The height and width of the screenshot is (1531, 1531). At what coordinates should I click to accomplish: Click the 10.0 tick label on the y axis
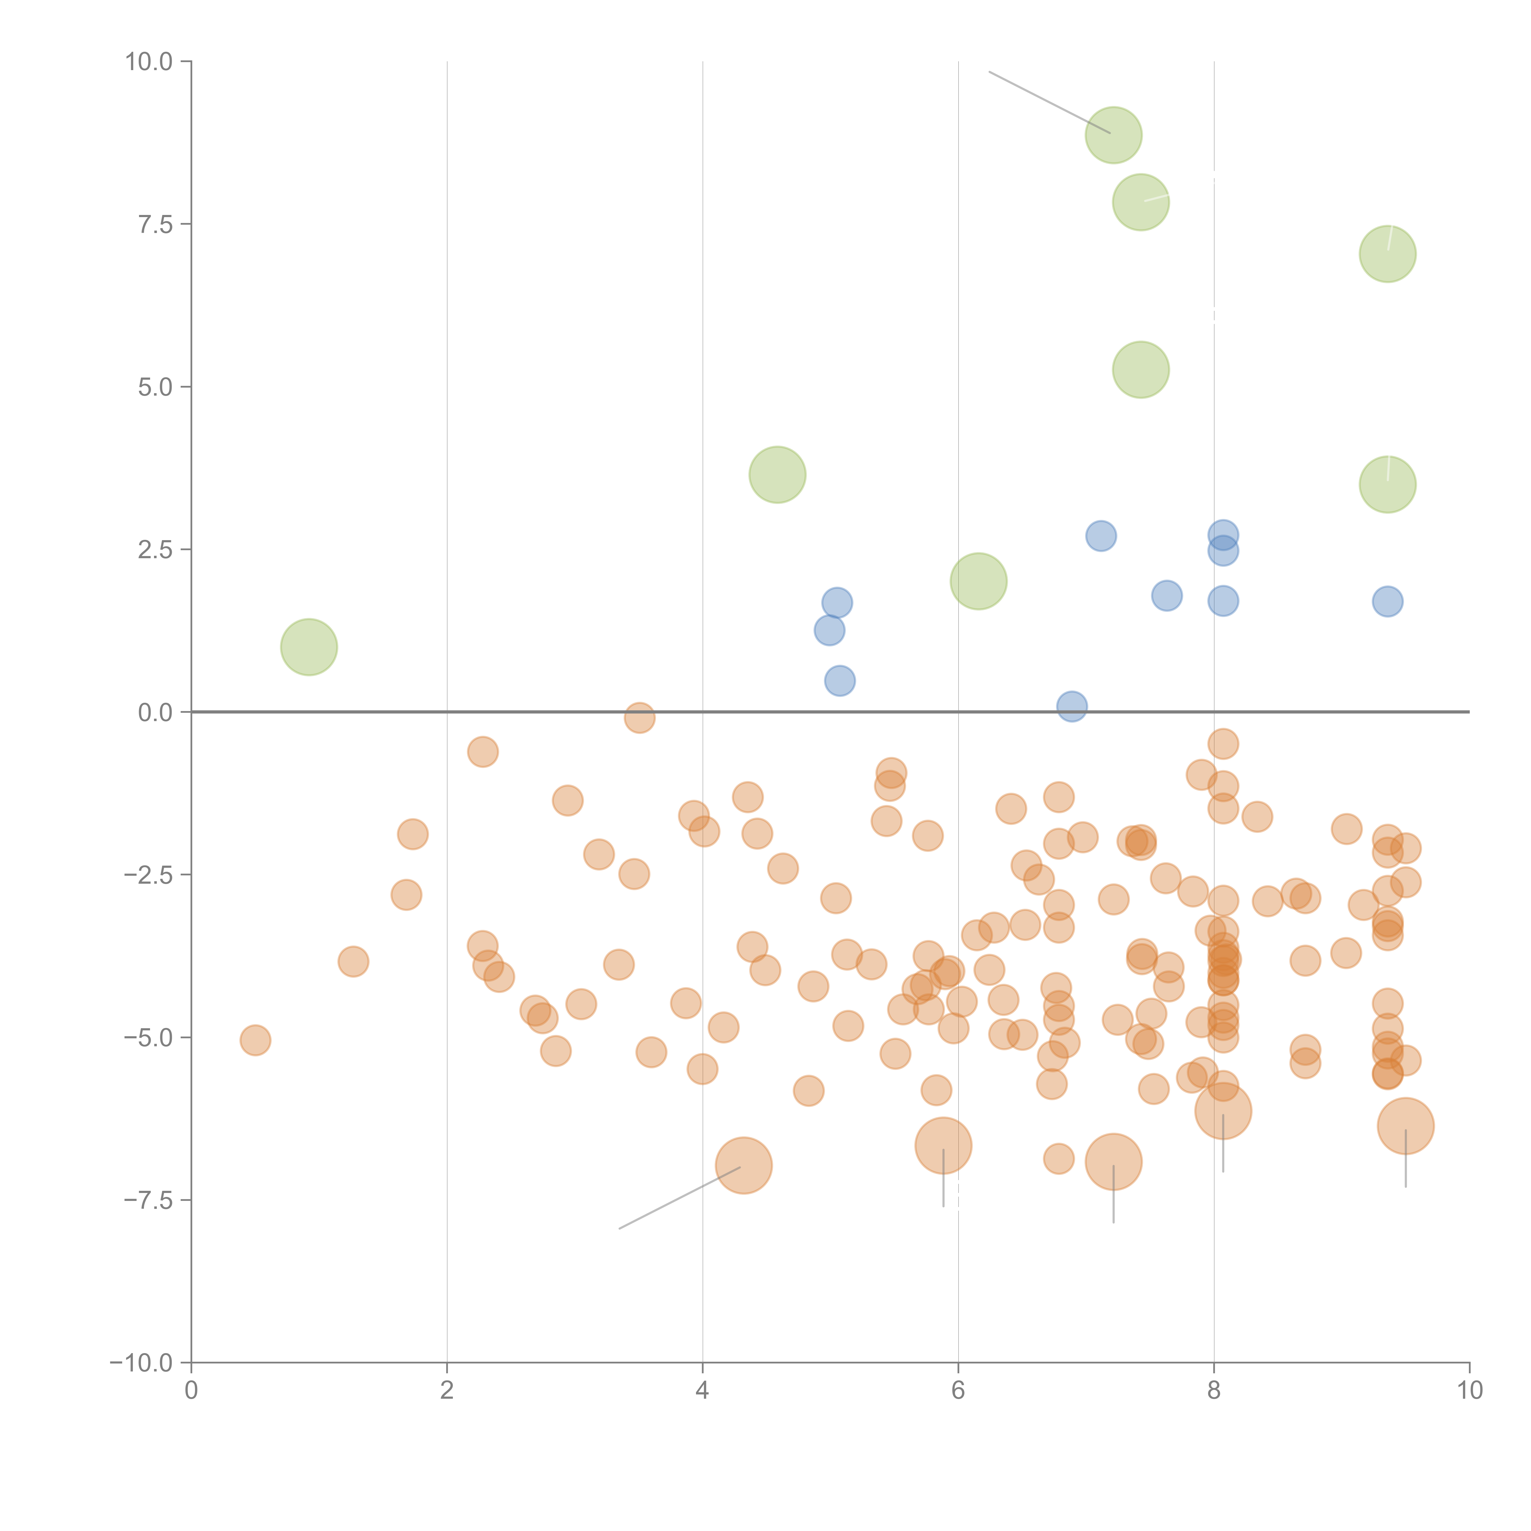point(149,62)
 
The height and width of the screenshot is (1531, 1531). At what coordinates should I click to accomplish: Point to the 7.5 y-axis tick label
point(155,224)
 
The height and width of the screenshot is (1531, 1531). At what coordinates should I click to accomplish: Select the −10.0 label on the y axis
point(141,1363)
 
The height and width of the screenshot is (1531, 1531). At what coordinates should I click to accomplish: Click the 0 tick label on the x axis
point(191,1391)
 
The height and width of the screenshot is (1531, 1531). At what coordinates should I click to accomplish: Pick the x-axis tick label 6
point(958,1391)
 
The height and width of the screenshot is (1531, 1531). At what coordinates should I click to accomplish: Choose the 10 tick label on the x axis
point(1469,1391)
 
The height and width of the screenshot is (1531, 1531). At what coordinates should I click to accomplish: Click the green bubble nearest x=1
point(309,647)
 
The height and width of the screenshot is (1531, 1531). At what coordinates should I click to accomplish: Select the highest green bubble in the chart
point(1113,135)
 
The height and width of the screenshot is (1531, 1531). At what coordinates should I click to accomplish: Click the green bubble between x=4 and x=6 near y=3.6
point(777,475)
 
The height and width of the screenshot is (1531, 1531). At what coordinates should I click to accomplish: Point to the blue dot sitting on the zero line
point(1071,706)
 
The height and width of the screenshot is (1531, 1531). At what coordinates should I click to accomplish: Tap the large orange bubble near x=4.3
point(743,1165)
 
